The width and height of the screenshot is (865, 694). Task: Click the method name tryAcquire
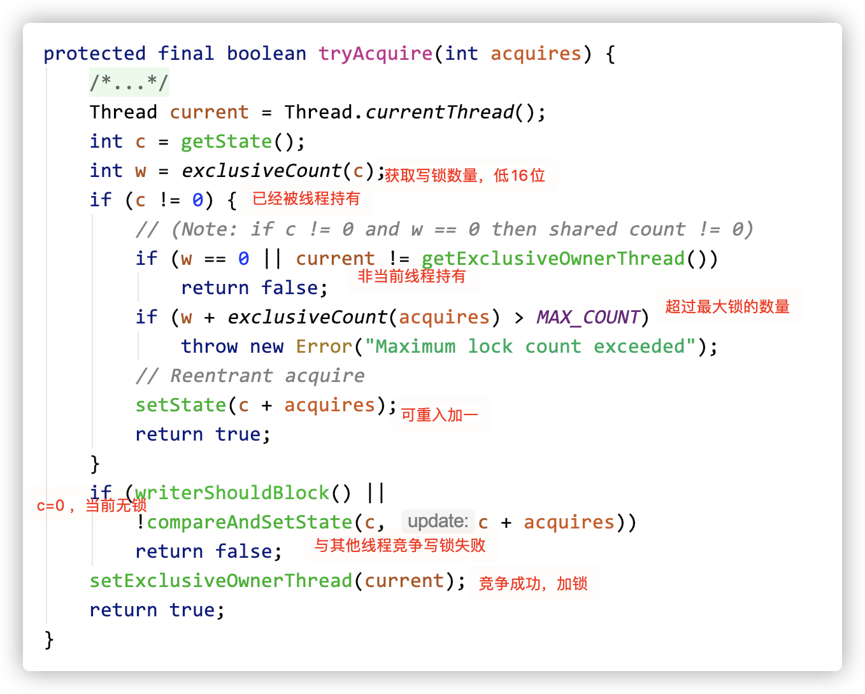375,53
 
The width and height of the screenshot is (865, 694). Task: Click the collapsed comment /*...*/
129,82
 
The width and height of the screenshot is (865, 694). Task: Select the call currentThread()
439,112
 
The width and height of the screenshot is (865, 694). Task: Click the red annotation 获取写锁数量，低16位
464,175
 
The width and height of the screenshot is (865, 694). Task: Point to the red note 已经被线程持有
306,199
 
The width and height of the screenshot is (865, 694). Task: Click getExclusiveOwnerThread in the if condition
553,258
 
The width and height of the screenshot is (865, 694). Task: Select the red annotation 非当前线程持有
411,276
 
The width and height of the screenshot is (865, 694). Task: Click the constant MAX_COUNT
588,317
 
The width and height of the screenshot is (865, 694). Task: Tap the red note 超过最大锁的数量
727,307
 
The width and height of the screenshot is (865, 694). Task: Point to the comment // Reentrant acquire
250,376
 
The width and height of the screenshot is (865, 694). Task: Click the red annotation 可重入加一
440,415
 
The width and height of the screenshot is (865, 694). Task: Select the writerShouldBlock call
232,493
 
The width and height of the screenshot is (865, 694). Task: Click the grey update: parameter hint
438,521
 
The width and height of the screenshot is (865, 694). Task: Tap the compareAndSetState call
250,522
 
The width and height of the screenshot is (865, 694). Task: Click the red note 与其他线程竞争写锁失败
400,546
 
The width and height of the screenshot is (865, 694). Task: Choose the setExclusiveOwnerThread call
221,581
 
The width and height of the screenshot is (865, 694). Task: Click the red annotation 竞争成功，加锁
533,584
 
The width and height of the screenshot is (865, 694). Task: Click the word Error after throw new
324,346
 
